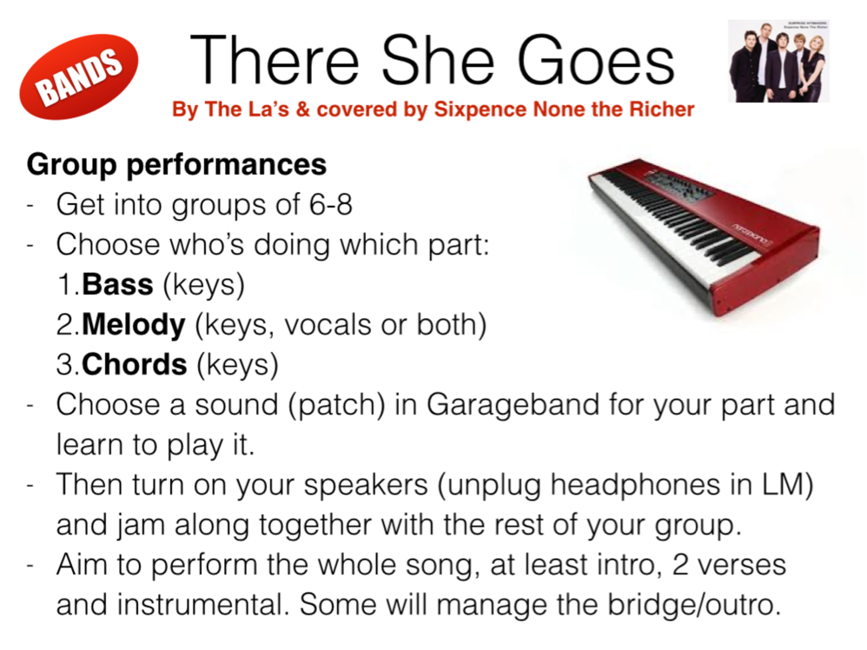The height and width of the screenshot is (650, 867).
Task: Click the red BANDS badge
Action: click(x=78, y=76)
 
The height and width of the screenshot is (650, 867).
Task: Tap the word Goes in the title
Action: click(x=595, y=60)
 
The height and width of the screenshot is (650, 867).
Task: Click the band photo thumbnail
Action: click(x=778, y=61)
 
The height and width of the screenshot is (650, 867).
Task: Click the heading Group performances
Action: click(x=176, y=164)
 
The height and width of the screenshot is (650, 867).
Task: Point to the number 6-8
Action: click(x=331, y=204)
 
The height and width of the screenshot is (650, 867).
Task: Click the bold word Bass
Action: click(x=117, y=284)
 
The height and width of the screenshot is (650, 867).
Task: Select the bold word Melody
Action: click(x=133, y=325)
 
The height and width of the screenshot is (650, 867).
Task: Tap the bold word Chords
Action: click(x=135, y=365)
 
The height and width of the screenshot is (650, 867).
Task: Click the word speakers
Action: click(x=366, y=485)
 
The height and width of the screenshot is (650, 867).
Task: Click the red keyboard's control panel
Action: click(x=677, y=189)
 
